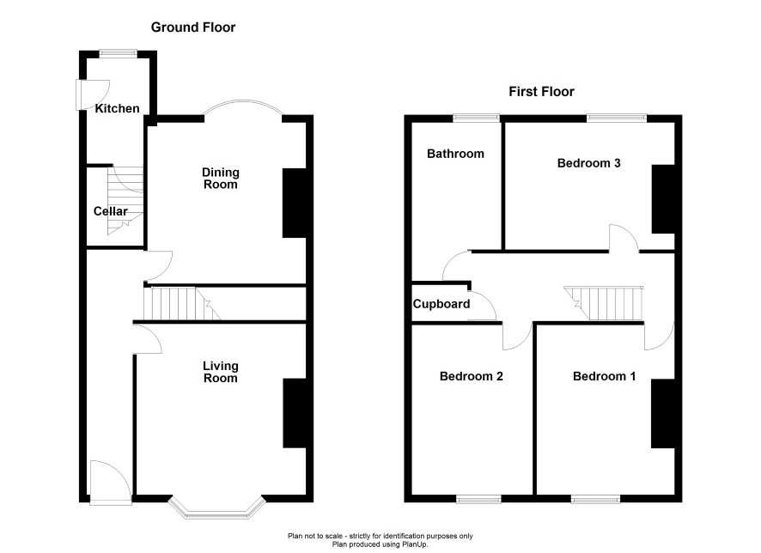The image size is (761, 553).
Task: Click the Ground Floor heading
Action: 193,27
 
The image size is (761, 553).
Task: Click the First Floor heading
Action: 541,92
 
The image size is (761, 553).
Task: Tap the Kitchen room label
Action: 117,108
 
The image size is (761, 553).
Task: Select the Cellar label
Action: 110,211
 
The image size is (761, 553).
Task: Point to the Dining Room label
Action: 221,179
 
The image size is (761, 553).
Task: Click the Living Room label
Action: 221,372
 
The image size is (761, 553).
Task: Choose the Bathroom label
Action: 455,154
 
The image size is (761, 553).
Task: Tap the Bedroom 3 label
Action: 588,163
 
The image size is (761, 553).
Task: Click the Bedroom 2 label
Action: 472,376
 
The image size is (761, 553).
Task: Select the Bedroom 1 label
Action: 604,376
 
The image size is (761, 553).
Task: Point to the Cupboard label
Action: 441,304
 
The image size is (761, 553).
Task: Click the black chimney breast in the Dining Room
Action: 295,204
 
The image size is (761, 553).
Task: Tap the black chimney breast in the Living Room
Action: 295,413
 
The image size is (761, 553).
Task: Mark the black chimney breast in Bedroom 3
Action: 663,199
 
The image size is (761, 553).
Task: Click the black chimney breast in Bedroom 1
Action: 663,414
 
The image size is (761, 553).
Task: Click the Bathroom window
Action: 477,117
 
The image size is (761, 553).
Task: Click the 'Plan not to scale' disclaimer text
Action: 380,536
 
